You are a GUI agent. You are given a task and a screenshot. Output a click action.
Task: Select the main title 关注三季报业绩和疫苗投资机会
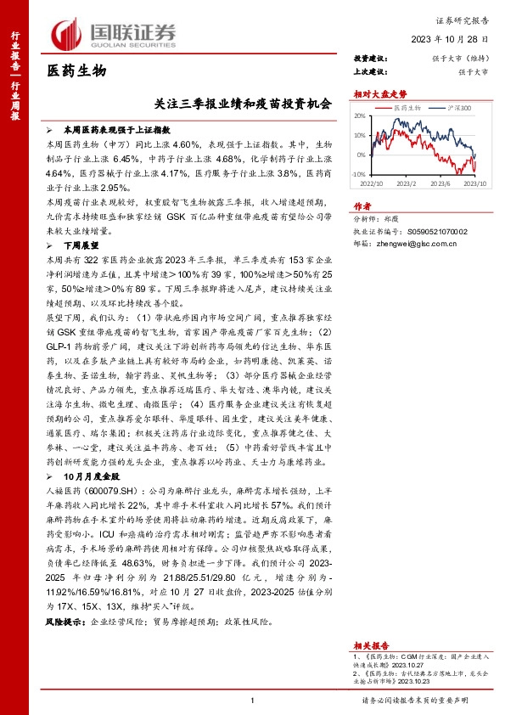click(243, 105)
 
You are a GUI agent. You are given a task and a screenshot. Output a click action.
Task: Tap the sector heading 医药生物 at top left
click(76, 72)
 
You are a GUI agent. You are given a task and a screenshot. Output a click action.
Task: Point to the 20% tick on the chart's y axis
click(359, 116)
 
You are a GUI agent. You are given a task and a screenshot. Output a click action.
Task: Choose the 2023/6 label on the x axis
click(440, 183)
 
